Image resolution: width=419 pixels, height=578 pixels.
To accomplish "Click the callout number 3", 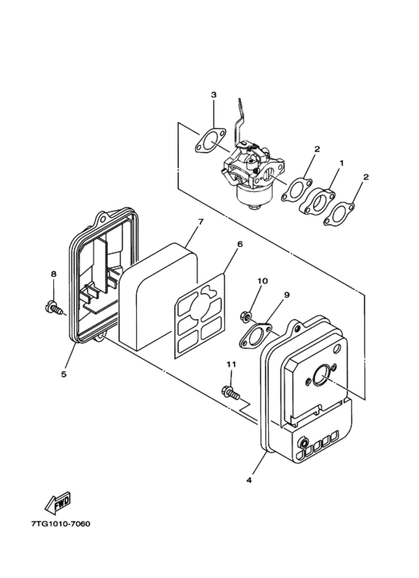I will click(x=213, y=95).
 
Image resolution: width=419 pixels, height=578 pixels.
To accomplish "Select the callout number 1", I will click(x=342, y=162).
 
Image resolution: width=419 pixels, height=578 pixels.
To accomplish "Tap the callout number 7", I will click(x=201, y=222).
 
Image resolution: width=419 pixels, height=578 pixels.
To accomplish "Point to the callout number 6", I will click(x=240, y=244).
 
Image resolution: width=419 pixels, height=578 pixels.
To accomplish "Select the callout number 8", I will click(x=53, y=274).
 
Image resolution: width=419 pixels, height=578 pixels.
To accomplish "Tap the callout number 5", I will click(x=64, y=373).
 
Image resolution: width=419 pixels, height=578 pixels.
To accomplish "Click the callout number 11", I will click(x=231, y=364).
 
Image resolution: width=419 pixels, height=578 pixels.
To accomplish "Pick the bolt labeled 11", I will click(x=230, y=390).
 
